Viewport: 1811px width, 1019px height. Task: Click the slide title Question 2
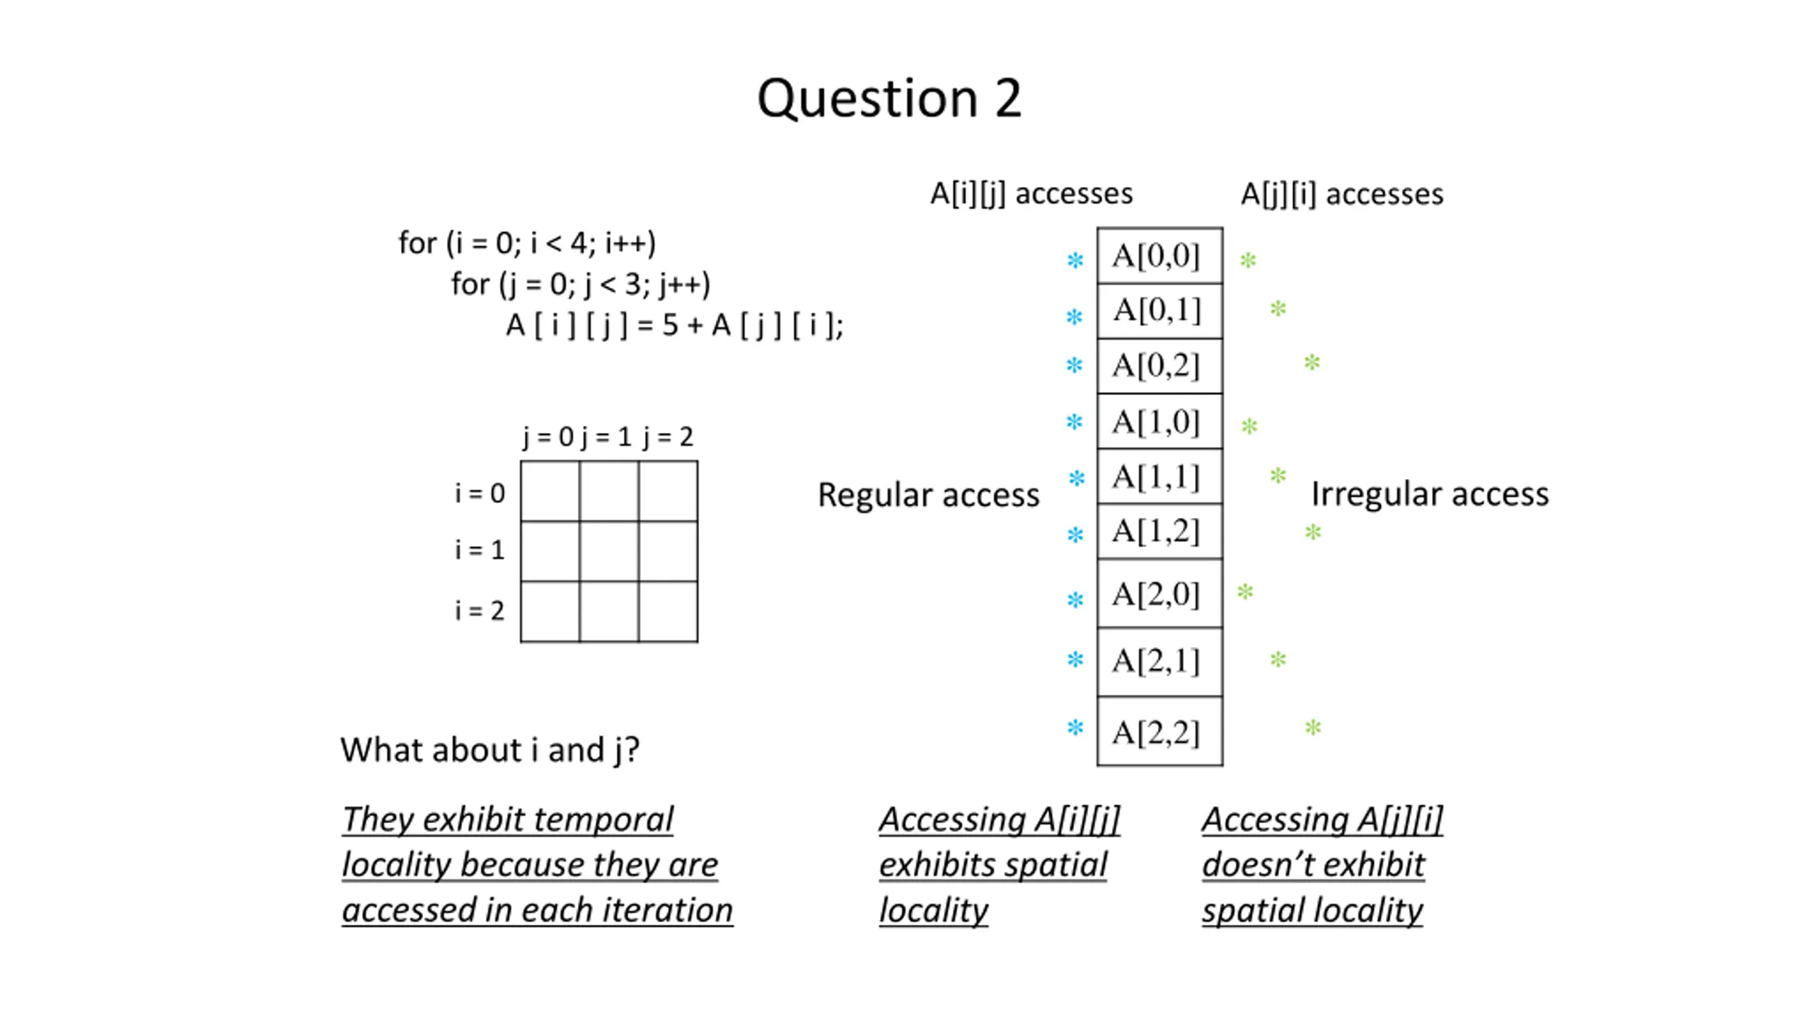click(x=889, y=99)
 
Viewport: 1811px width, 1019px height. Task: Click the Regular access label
click(x=928, y=495)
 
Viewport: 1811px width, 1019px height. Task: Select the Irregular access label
click(x=1430, y=494)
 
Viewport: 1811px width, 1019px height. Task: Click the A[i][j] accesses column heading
click(x=1031, y=194)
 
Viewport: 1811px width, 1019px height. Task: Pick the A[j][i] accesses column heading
click(x=1342, y=194)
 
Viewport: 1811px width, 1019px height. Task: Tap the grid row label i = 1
click(x=480, y=550)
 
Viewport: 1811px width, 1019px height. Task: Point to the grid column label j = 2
click(x=669, y=437)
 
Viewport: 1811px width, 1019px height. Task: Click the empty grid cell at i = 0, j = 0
click(x=550, y=491)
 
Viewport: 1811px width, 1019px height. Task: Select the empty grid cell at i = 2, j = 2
click(x=668, y=611)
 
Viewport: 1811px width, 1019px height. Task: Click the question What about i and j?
click(x=490, y=750)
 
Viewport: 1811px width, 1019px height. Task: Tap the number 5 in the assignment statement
click(x=670, y=326)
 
